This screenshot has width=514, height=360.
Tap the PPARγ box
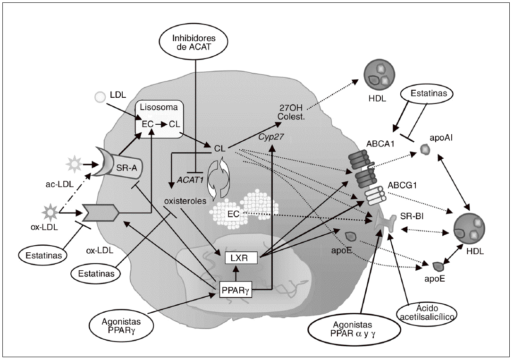pos(234,289)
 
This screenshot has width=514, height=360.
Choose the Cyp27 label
pos(269,137)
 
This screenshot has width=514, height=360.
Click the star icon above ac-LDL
pos(75,166)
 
